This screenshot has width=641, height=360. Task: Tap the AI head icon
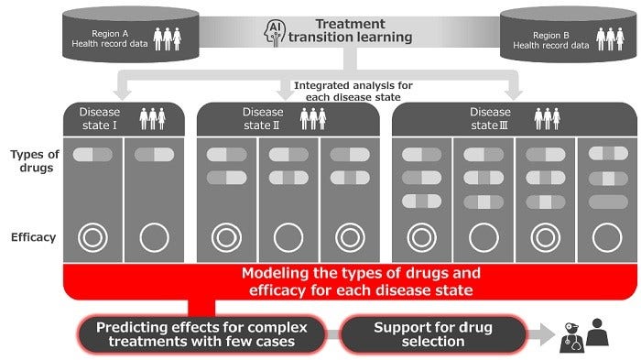pyautogui.click(x=274, y=33)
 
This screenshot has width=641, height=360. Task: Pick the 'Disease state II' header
pyautogui.click(x=263, y=118)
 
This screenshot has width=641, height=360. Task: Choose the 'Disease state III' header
pyautogui.click(x=489, y=118)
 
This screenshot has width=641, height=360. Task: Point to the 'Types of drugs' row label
pyautogui.click(x=33, y=162)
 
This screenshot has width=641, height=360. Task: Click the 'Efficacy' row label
pyautogui.click(x=33, y=237)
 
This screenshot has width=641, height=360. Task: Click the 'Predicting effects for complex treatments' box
pyautogui.click(x=202, y=334)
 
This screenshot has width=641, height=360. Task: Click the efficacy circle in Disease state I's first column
pyautogui.click(x=92, y=237)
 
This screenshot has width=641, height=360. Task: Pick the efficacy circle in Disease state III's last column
pyautogui.click(x=607, y=237)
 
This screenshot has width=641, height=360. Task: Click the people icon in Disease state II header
pyautogui.click(x=313, y=118)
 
